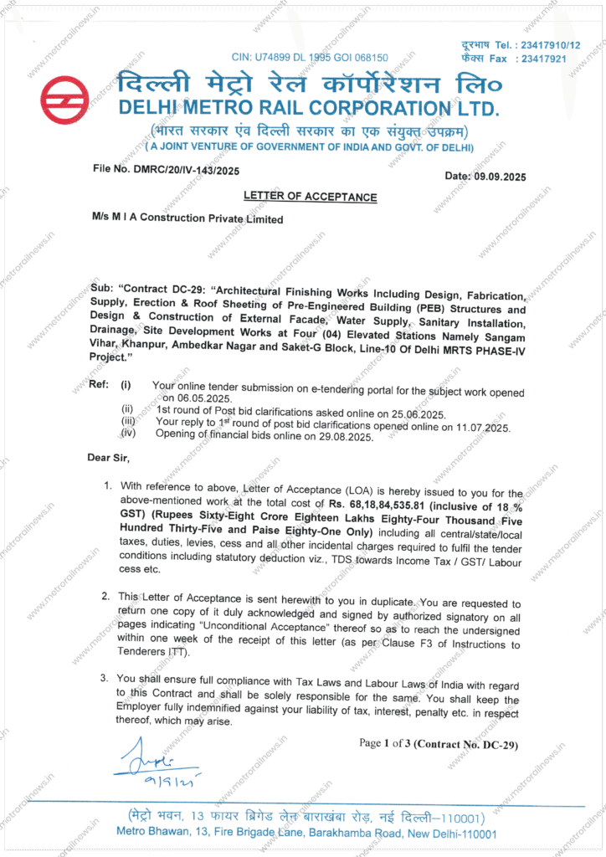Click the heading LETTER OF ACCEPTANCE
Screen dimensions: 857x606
click(x=310, y=197)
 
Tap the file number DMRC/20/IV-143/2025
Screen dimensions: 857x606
click(x=182, y=169)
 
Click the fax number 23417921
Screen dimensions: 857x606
click(x=543, y=59)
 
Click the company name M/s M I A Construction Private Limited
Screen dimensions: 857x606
click(x=187, y=218)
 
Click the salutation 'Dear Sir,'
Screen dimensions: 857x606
click(x=109, y=458)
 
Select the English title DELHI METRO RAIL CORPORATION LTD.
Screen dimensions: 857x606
click(x=309, y=109)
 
